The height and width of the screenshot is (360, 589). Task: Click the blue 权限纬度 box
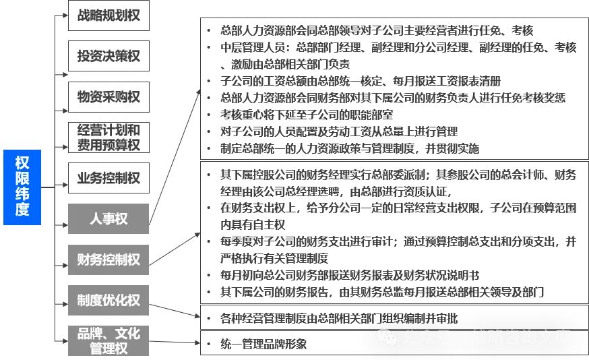[22, 186]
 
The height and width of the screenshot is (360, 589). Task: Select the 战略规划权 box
[108, 16]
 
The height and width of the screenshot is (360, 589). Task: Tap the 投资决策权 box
[108, 56]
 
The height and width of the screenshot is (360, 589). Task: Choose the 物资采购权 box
[108, 96]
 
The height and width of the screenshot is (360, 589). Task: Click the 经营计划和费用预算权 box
[108, 137]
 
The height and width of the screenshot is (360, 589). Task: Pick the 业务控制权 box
[108, 178]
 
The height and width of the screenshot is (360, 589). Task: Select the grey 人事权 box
[108, 218]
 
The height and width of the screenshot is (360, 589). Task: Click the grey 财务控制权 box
[108, 260]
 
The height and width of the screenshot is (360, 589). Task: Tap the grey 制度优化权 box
[108, 300]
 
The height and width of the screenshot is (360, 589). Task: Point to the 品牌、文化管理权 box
[108, 340]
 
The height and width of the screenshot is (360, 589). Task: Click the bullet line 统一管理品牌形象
[263, 344]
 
